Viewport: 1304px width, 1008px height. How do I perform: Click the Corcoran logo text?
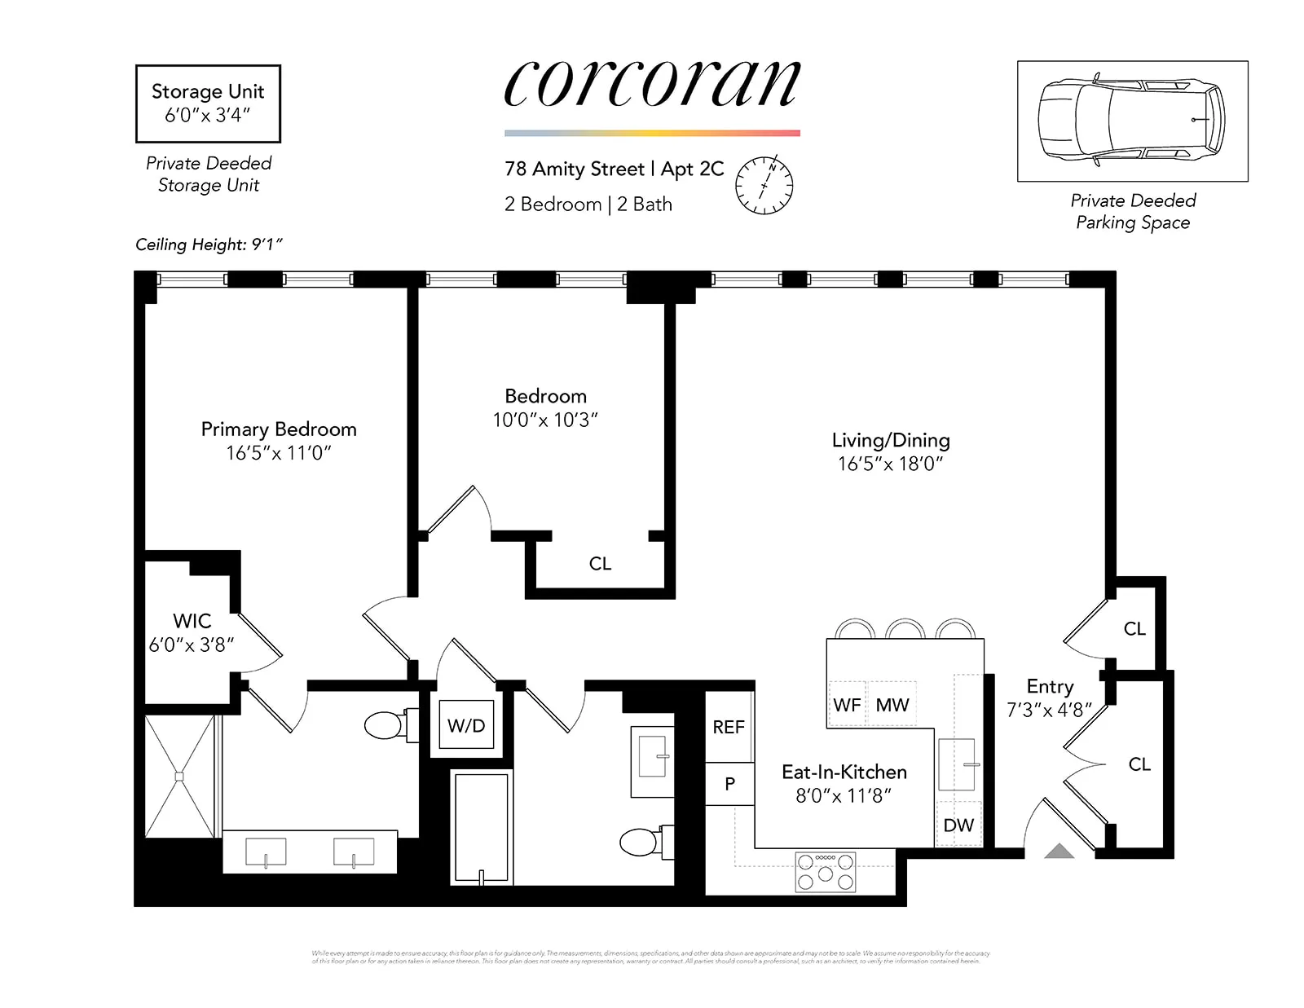click(x=652, y=83)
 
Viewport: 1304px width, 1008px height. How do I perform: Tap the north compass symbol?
click(x=764, y=185)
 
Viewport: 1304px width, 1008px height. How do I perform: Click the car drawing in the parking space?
click(x=1131, y=120)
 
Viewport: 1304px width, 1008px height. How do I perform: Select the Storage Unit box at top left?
click(x=208, y=103)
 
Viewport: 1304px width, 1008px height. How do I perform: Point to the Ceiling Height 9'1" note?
click(x=209, y=244)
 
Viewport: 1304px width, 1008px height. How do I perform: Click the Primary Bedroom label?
click(x=279, y=429)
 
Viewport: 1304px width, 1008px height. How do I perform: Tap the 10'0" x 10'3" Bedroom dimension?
click(x=545, y=420)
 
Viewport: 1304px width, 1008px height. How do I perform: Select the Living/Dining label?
click(x=891, y=440)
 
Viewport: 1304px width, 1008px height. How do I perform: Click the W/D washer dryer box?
click(x=466, y=725)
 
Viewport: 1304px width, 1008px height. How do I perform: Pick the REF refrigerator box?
click(x=729, y=727)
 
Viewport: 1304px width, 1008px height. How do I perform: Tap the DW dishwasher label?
click(x=958, y=825)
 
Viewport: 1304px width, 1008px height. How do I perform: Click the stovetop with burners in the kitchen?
click(x=826, y=871)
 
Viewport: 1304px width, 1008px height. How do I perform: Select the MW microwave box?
click(x=892, y=705)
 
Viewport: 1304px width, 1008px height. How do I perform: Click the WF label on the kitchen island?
click(x=847, y=705)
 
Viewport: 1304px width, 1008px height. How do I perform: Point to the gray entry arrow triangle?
click(x=1059, y=852)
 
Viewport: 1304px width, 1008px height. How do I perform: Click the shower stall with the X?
click(x=179, y=776)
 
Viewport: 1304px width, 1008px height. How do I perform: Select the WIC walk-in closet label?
click(x=192, y=621)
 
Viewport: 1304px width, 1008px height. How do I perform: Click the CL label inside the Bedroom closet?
click(x=600, y=564)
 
